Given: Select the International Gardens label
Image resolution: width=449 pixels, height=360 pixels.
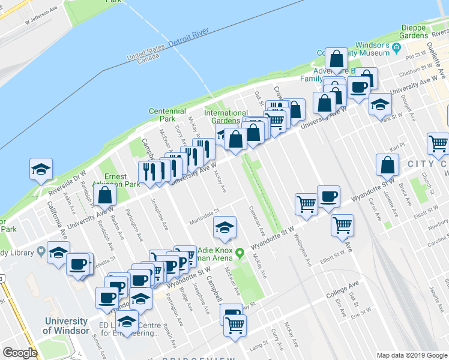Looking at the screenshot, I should coord(226,116).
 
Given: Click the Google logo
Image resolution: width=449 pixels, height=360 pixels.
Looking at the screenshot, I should coord(20,353).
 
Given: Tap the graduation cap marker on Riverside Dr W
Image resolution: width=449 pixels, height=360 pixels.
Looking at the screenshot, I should coord(41,170).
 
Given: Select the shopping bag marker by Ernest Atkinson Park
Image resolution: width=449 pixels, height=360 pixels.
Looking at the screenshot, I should coord(105,195).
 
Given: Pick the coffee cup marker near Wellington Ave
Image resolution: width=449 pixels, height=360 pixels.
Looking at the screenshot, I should coord(328,196).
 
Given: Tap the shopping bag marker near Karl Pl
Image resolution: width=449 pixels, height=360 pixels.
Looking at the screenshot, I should coord(388,165).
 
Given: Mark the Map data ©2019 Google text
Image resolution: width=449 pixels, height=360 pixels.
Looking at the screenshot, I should coord(411,355).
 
